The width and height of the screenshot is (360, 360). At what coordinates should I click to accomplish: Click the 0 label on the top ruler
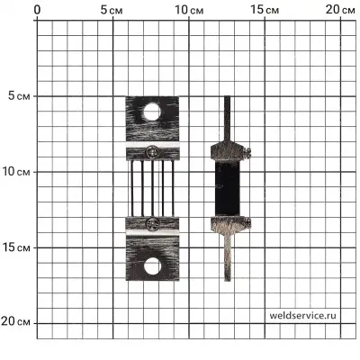tap(37, 10)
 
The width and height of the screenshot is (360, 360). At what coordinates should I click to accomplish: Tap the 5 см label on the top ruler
tap(112, 10)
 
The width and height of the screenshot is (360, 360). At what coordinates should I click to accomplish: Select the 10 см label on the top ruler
tap(189, 10)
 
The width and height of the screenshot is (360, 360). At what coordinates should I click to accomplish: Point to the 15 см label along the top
tap(265, 10)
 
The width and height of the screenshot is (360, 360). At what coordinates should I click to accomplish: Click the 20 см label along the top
tap(340, 10)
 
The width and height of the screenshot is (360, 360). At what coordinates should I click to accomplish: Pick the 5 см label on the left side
tap(19, 96)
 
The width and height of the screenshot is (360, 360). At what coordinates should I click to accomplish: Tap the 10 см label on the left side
tap(16, 172)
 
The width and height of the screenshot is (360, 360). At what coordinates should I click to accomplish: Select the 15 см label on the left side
tap(16, 247)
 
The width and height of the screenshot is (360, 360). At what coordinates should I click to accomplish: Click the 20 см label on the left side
tap(15, 322)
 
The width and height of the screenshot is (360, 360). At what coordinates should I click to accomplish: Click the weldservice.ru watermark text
tap(302, 315)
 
